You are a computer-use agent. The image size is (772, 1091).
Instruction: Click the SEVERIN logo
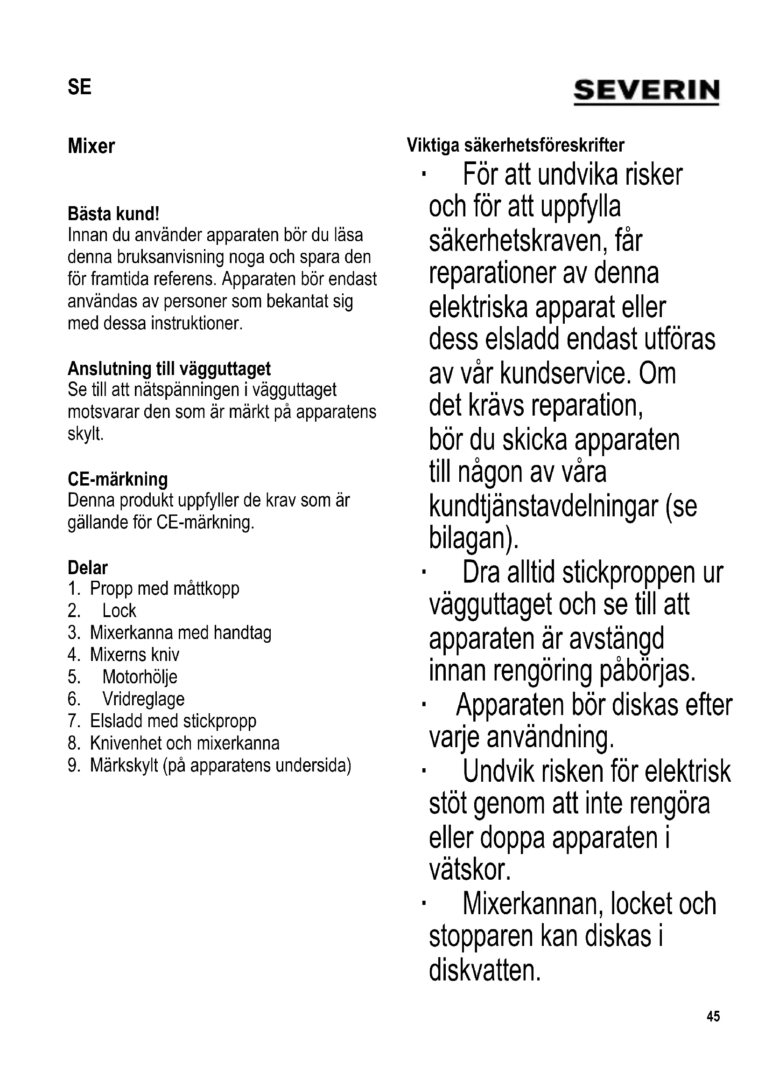[646, 91]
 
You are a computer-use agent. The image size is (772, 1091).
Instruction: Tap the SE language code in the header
[79, 87]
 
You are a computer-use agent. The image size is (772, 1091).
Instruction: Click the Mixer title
[91, 146]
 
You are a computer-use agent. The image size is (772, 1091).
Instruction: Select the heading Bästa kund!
[113, 214]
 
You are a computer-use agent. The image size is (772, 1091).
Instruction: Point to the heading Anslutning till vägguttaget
[169, 368]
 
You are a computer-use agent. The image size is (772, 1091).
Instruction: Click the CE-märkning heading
[118, 479]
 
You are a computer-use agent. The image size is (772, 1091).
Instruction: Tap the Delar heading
[88, 567]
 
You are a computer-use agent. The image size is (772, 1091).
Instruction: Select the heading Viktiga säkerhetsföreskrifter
[515, 145]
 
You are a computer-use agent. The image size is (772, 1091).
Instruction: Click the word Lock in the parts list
[119, 611]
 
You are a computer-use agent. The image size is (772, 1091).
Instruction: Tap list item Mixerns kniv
[134, 655]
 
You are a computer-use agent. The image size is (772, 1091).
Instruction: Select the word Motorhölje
[140, 677]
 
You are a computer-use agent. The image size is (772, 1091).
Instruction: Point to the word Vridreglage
[143, 699]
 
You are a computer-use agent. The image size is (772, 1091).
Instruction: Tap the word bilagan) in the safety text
[473, 538]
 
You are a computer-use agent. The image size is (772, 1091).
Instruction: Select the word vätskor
[470, 869]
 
